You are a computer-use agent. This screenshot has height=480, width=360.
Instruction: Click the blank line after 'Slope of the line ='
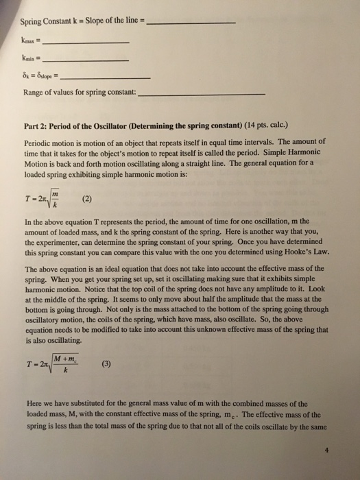pos(192,25)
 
